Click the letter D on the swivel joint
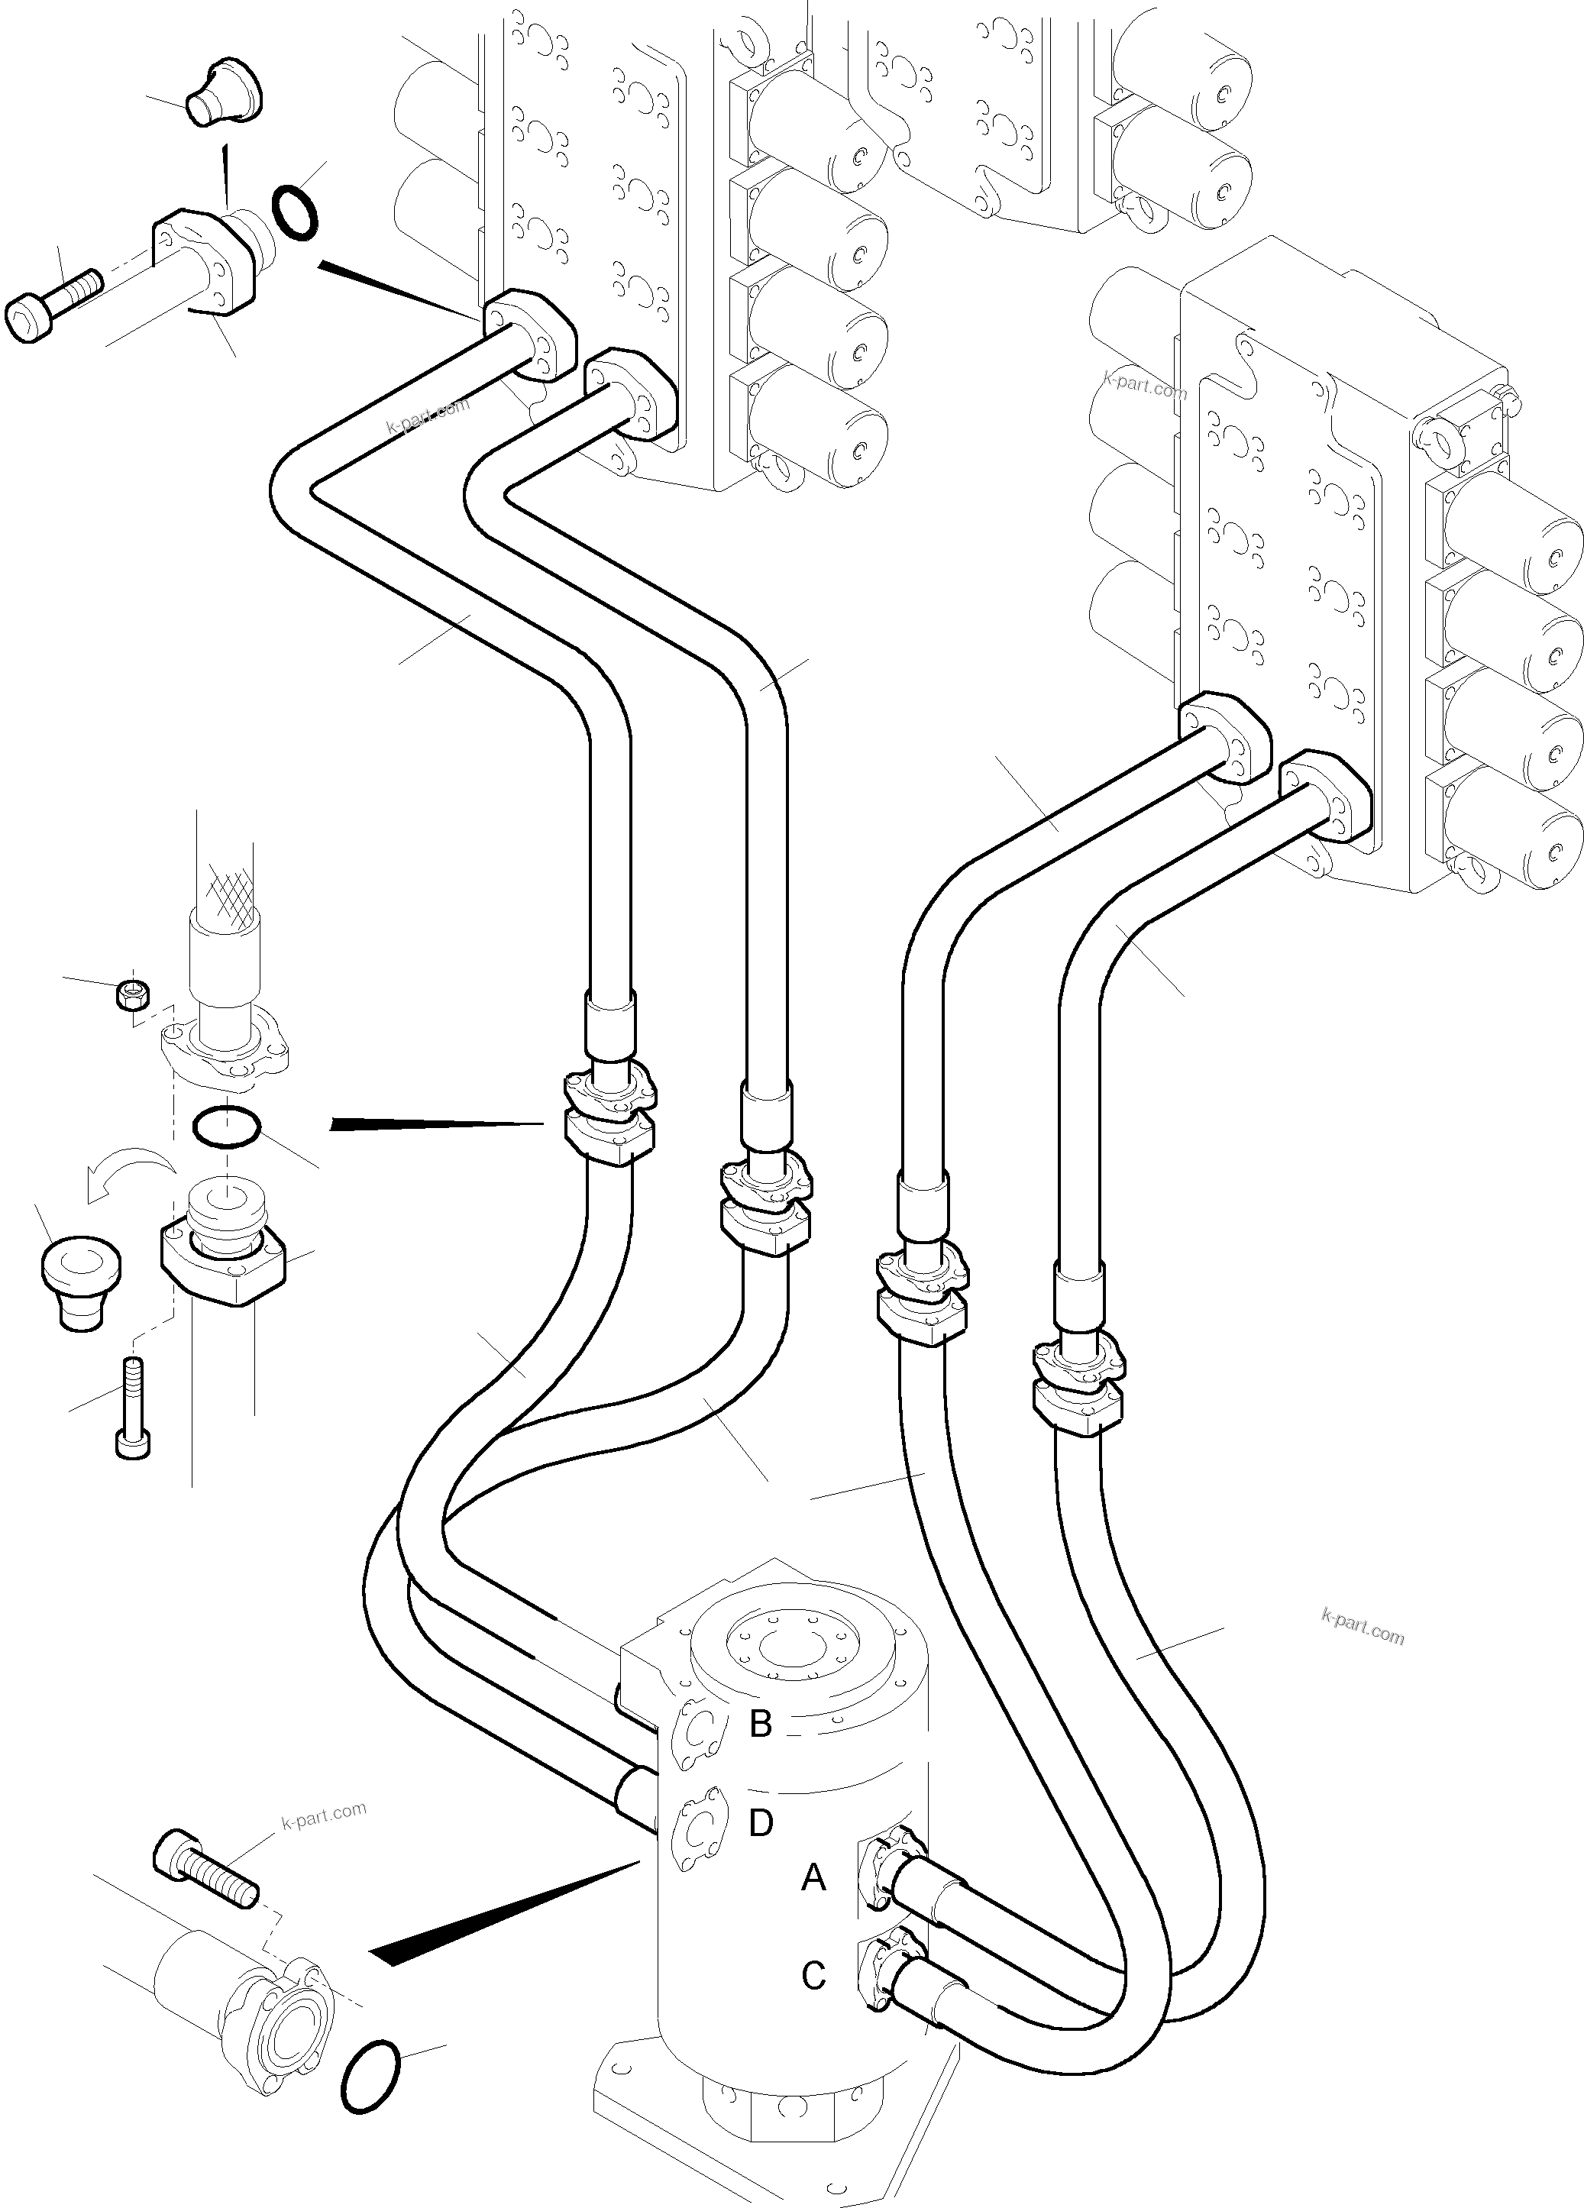[761, 1822]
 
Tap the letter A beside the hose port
[813, 1877]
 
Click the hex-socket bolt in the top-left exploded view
[53, 302]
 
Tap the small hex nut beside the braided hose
[131, 994]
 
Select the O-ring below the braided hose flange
[226, 1127]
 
